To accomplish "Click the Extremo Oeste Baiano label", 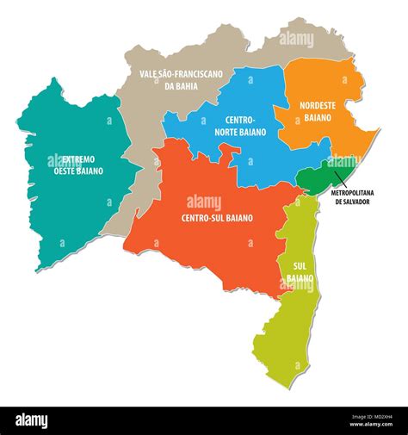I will point(77,165).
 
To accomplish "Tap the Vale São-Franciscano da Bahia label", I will point(182,80).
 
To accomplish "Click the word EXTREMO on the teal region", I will point(77,159).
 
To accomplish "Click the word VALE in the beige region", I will point(151,75).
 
